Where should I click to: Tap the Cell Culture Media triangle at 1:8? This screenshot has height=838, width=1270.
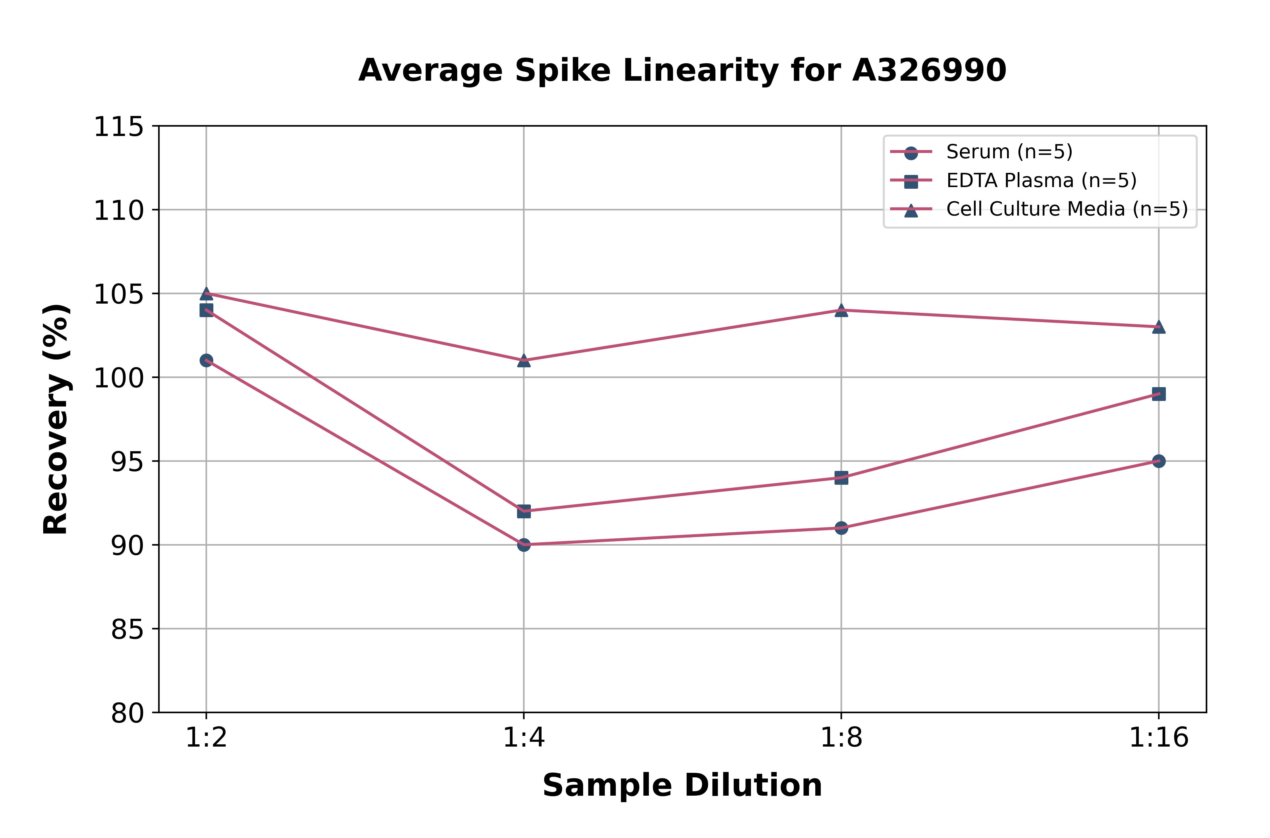[x=841, y=310]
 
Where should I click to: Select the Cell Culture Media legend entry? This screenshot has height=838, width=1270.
[x=1066, y=209]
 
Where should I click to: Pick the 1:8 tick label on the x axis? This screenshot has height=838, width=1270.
[x=841, y=738]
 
